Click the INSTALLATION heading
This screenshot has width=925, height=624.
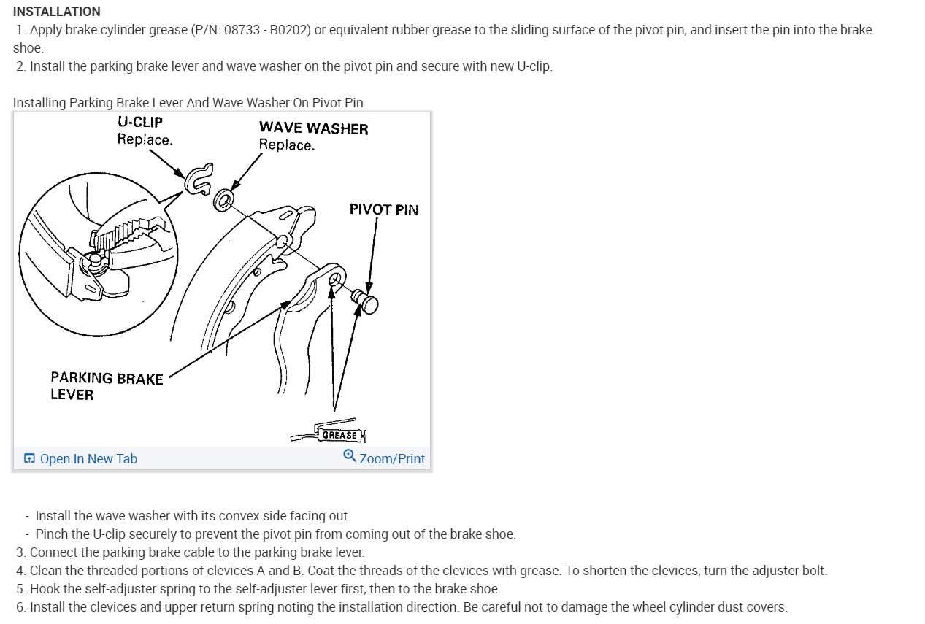click(57, 12)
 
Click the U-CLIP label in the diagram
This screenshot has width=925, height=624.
click(139, 122)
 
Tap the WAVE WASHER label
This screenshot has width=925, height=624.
click(313, 128)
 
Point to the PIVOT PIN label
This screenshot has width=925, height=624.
click(384, 209)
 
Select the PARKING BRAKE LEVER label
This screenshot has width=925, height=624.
click(107, 385)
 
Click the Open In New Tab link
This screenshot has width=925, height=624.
click(88, 458)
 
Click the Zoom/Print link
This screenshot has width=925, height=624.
click(392, 458)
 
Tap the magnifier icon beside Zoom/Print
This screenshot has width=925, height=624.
click(350, 456)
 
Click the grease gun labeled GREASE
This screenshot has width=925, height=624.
click(332, 434)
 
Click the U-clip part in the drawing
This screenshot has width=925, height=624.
click(197, 177)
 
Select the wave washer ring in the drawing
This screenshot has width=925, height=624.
click(223, 199)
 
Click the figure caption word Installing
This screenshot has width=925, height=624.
click(39, 102)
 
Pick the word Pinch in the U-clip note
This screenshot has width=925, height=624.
click(52, 534)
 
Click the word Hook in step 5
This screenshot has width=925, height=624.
click(44, 588)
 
